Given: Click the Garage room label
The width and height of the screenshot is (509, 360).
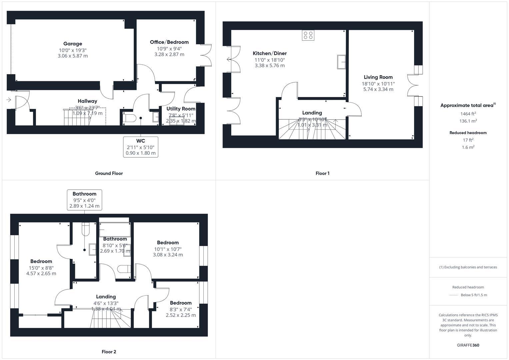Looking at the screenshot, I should pos(73,44).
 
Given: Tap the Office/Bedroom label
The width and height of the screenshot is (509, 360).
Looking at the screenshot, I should pos(169,42).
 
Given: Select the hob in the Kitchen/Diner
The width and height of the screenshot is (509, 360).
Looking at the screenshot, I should pos(308,35).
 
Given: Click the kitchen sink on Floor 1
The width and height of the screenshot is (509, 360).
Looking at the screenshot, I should pos(341,62).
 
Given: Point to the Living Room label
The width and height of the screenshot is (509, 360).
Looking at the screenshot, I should pos(378,77).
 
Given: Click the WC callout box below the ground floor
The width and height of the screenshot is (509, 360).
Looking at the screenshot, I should pos(141,147).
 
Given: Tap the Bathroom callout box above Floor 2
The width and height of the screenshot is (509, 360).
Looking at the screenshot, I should pos(84,200).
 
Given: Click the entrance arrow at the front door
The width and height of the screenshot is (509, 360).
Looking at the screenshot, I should pos(8,99).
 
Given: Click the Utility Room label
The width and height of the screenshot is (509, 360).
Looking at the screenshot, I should pos(181,109).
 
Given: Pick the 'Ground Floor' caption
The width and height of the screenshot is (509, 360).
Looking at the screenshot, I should pos(109,173).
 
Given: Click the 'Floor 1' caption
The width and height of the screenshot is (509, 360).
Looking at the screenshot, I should pos(322,173).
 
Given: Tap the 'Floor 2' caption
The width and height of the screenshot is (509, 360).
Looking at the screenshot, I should pos(109,352).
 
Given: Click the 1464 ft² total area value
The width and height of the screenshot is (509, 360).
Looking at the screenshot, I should pos(468,114).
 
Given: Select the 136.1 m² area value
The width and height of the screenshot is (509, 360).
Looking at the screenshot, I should pos(468,121).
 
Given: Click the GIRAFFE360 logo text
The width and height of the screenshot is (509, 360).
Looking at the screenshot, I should pos(468,345).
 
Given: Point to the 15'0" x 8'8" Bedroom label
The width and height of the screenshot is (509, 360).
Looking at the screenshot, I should pos(41,261).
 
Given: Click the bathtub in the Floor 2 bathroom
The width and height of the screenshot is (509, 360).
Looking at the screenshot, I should pos(115,230).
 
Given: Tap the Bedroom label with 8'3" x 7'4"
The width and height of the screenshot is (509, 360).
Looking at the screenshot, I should pos(181,303).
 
